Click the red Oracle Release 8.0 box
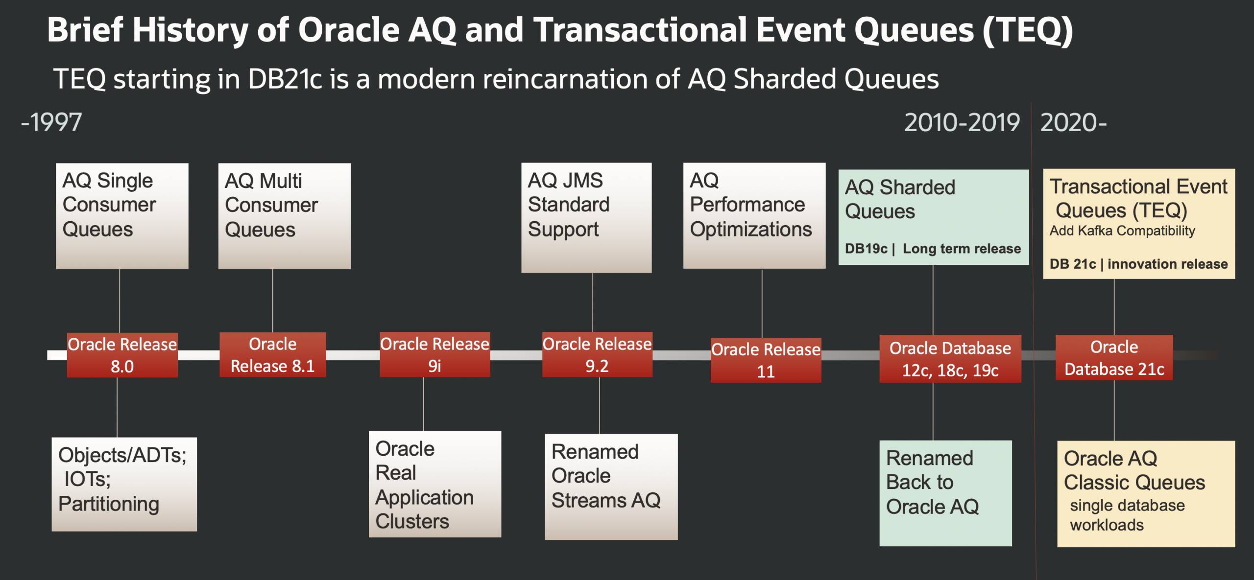click(x=122, y=355)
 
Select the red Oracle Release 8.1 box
click(x=272, y=355)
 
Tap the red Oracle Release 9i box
click(x=434, y=355)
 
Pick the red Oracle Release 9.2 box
click(x=597, y=355)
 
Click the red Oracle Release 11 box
click(x=766, y=360)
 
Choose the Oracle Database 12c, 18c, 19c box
click(x=950, y=359)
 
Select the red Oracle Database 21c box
click(x=1114, y=358)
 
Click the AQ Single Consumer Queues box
click(x=122, y=216)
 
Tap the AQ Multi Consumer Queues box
click(x=284, y=216)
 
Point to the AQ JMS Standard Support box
click(x=586, y=217)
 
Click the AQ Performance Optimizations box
click(x=754, y=216)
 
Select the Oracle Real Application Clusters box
click(x=434, y=484)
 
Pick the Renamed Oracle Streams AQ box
click(x=611, y=487)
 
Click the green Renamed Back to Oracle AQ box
click(x=945, y=493)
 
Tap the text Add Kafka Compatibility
click(x=1122, y=231)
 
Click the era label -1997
click(x=51, y=122)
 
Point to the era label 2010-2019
click(x=962, y=122)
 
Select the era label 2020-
click(x=1073, y=122)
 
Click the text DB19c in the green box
click(x=866, y=249)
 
